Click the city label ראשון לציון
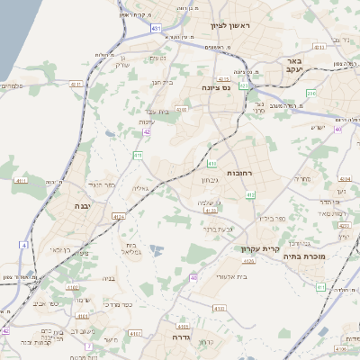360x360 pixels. click(230, 25)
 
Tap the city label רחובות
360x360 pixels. click(239, 173)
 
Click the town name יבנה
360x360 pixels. click(91, 206)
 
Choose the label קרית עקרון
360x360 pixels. click(261, 249)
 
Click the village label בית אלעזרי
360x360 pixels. click(217, 278)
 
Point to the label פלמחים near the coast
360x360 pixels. click(13, 86)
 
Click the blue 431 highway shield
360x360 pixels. click(157, 29)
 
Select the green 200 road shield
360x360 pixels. click(310, 93)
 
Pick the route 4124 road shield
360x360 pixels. click(120, 216)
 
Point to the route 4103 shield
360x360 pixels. click(182, 109)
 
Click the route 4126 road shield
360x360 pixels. click(248, 260)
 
